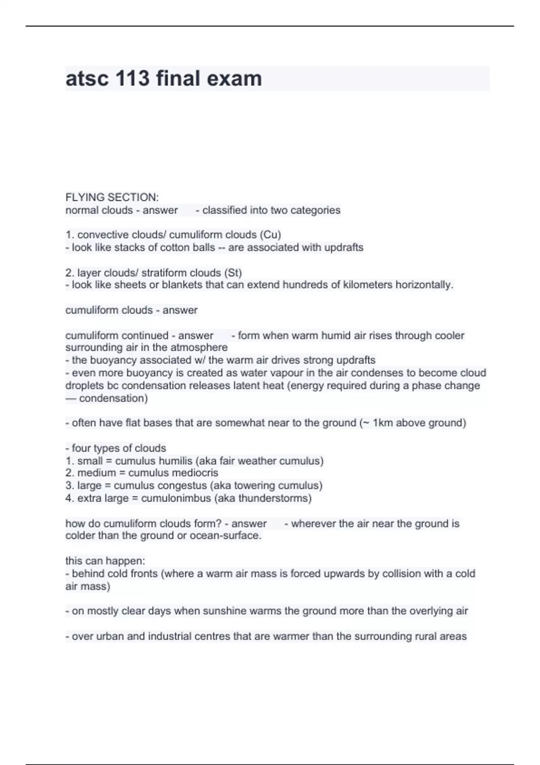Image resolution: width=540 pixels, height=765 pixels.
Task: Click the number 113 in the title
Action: [132, 79]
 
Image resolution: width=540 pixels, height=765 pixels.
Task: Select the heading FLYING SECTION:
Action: [112, 197]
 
